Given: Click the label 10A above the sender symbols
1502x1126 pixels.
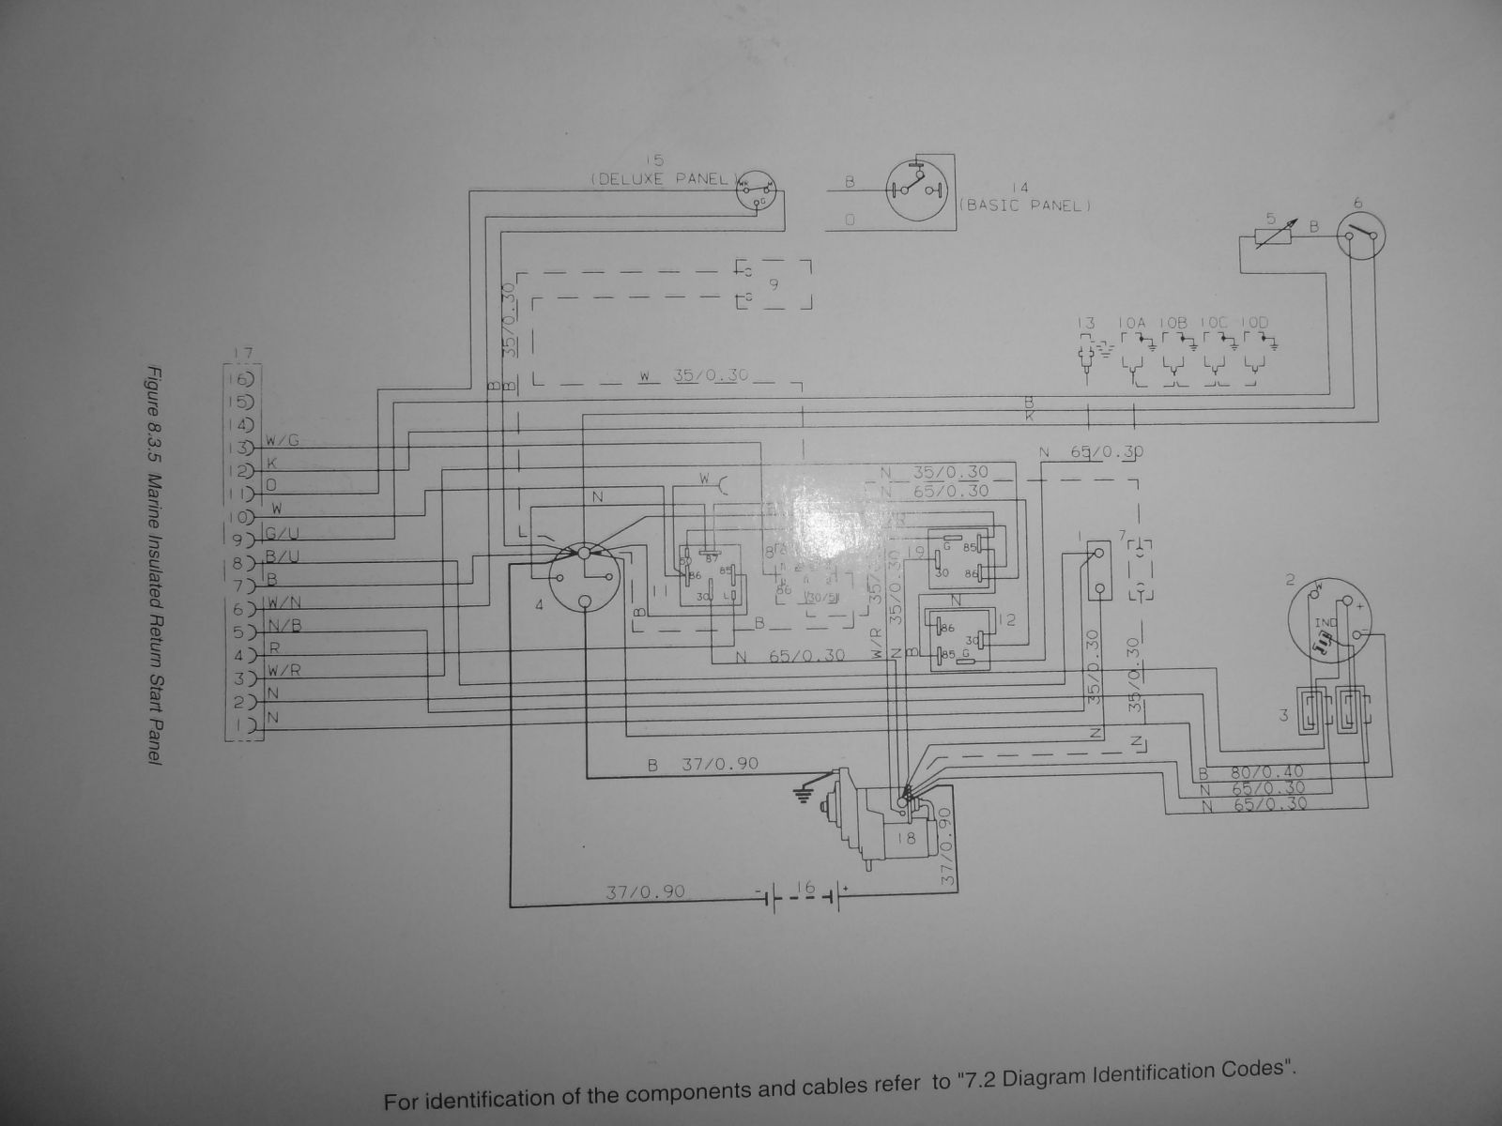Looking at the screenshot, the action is point(1133,324).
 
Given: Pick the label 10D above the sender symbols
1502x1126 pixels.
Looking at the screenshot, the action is point(1253,324).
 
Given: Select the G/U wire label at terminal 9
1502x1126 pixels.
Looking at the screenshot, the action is point(283,533).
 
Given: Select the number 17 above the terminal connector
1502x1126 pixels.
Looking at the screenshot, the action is point(242,353).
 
